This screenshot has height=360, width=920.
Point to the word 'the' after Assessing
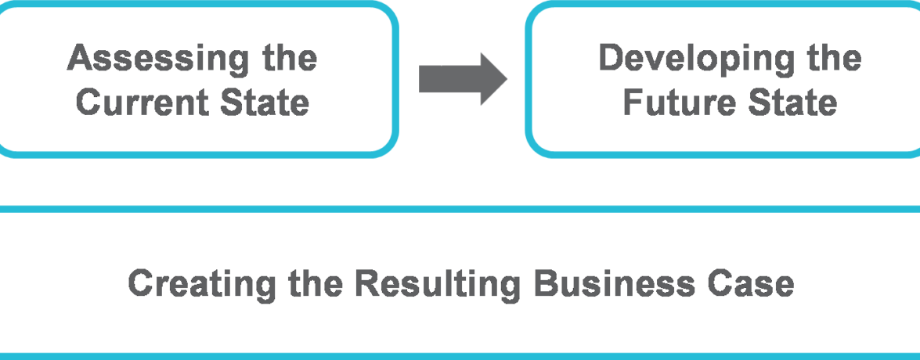pyautogui.click(x=288, y=59)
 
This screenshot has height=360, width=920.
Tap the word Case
pyautogui.click(x=753, y=284)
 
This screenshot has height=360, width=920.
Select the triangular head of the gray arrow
pyautogui.click(x=492, y=78)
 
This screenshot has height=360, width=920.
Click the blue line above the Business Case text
pyautogui.click(x=460, y=210)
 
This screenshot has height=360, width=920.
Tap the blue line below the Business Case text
pyautogui.click(x=460, y=356)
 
